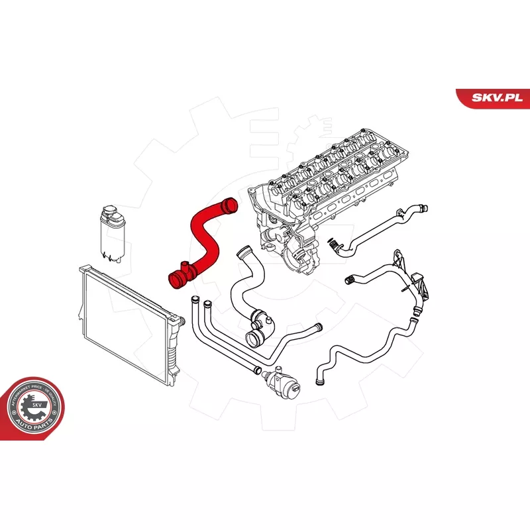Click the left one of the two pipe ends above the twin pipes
pos(193,303)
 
